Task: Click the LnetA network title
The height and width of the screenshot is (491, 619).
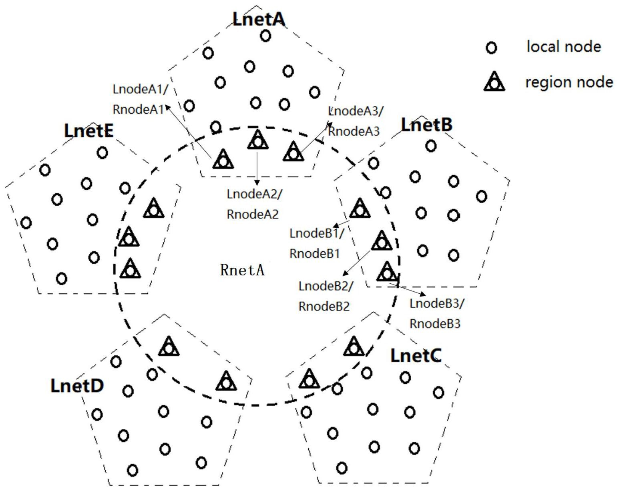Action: click(x=259, y=19)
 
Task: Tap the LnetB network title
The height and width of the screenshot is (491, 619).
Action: click(x=427, y=124)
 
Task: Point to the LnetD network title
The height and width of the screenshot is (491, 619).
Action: click(x=77, y=385)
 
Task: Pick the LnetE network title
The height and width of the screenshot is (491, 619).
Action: click(x=89, y=130)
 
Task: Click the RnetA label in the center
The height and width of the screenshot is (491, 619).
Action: click(x=243, y=270)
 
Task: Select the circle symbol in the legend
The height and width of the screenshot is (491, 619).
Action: click(x=491, y=48)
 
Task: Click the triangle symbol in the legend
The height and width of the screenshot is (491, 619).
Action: click(x=494, y=82)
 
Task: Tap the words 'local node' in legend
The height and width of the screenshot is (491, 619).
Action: click(x=564, y=47)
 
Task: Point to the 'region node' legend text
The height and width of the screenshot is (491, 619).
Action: click(x=569, y=82)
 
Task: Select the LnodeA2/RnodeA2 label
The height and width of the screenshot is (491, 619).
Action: click(x=254, y=204)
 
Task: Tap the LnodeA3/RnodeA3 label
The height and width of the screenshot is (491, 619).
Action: click(x=356, y=121)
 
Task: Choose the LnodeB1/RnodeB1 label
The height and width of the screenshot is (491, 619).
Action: click(x=316, y=243)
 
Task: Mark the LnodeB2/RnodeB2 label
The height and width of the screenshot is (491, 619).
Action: click(x=326, y=296)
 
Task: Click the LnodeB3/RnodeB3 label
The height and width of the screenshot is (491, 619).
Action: click(x=436, y=313)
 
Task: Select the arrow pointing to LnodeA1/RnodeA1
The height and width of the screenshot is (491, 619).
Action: click(x=188, y=131)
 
